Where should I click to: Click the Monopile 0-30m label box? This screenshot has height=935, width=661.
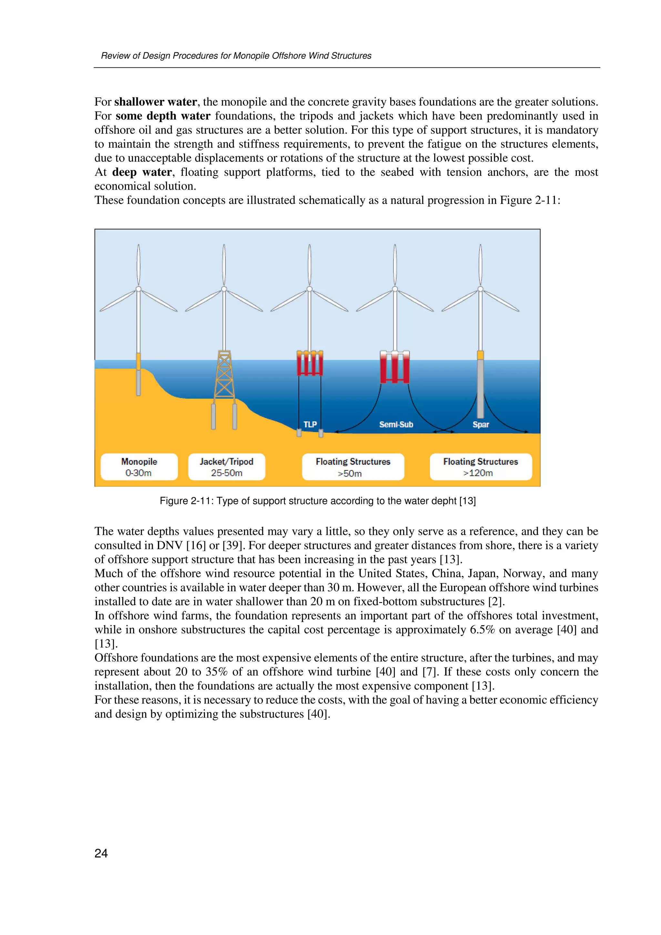(x=139, y=467)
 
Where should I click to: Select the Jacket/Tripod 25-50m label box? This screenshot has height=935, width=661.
(x=227, y=467)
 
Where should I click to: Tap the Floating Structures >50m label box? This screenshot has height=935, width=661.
(x=353, y=467)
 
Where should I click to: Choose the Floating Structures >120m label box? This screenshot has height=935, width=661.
(x=481, y=467)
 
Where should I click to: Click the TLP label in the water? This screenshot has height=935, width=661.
(x=310, y=424)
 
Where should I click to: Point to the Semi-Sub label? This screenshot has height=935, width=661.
(x=396, y=424)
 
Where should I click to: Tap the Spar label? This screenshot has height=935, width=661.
(x=481, y=424)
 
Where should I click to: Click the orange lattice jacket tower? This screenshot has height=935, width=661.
(x=224, y=375)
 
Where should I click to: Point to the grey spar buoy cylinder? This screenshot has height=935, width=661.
(x=481, y=389)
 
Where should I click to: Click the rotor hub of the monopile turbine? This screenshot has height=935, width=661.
(x=138, y=289)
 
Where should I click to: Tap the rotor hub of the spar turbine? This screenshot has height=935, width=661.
(x=481, y=289)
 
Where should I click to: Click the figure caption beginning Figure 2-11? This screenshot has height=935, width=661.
(x=318, y=500)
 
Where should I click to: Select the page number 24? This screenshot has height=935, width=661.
(x=101, y=853)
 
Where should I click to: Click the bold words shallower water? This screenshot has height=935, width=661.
(x=156, y=102)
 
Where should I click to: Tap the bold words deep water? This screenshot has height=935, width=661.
(x=142, y=172)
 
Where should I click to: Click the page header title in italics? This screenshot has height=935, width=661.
(x=236, y=56)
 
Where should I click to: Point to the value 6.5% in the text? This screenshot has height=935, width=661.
(x=482, y=629)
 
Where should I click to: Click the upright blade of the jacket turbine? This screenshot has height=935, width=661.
(x=224, y=265)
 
